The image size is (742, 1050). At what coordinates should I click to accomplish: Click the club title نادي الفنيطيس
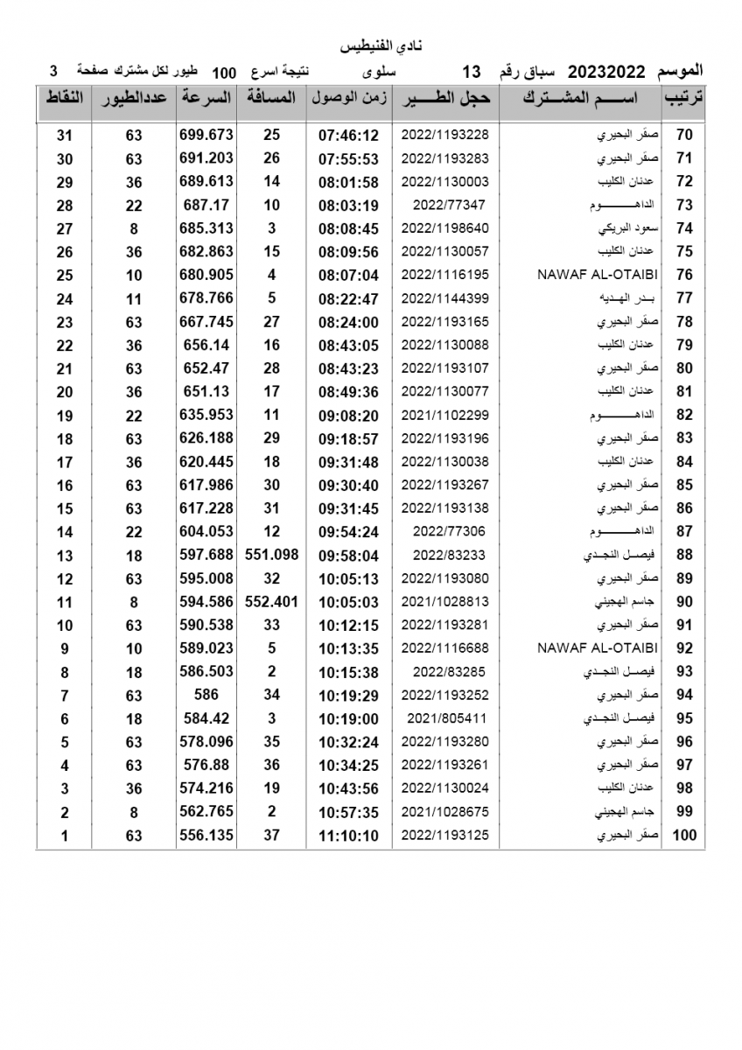370,45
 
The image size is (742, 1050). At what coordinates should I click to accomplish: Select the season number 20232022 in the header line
608,71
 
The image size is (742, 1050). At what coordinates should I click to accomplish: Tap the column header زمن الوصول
349,98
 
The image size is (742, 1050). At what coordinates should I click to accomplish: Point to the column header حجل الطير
446,98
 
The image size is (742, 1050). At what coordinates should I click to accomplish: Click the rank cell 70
684,135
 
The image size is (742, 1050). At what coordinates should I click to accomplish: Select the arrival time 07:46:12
348,135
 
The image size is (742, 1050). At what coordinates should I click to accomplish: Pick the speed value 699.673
206,135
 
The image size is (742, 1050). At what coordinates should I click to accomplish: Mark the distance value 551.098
272,555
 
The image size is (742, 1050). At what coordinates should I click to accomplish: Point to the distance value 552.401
272,601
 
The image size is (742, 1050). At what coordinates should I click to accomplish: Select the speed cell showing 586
206,695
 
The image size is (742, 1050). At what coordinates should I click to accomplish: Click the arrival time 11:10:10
348,836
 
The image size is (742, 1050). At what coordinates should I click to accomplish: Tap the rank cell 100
684,836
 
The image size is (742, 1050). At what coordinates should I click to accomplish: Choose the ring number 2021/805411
445,718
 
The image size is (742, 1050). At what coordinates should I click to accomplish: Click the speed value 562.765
206,812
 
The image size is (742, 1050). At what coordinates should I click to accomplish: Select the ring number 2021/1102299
445,415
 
